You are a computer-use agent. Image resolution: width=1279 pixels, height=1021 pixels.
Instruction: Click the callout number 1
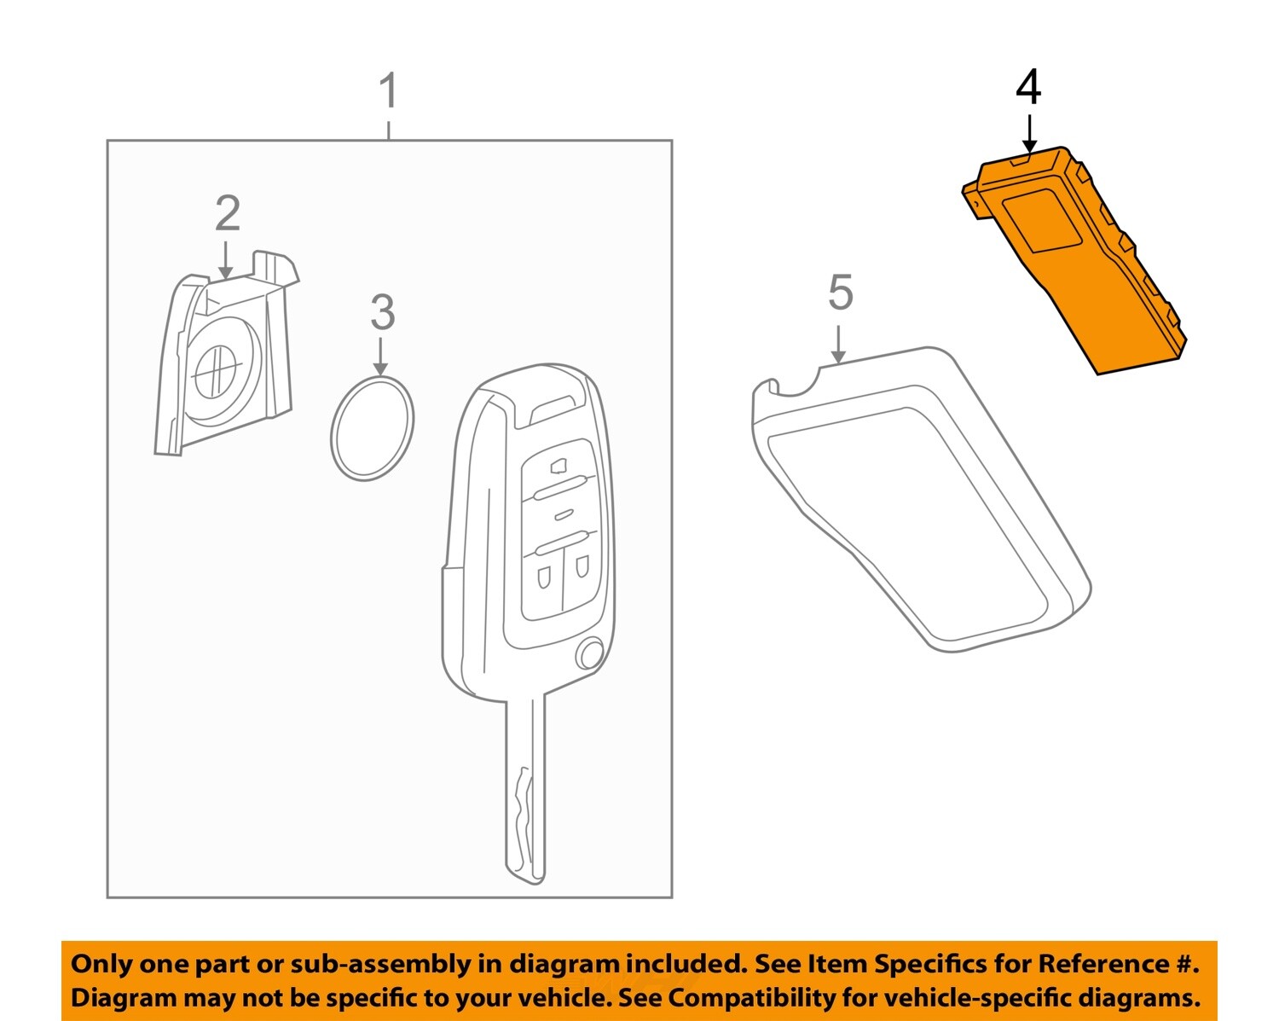tap(388, 91)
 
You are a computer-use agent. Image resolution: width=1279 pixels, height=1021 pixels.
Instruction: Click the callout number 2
tap(227, 213)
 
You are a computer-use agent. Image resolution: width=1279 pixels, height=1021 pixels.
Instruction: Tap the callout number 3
tap(382, 313)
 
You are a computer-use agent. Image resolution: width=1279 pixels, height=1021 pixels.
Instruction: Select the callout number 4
tap(1028, 88)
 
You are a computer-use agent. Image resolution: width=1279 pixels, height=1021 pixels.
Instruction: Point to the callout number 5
tap(840, 293)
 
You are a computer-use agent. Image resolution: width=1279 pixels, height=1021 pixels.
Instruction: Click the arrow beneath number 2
tap(225, 259)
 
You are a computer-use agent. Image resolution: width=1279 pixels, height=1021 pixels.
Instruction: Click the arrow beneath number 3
tap(381, 356)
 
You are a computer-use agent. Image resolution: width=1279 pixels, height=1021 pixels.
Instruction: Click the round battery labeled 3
tap(373, 428)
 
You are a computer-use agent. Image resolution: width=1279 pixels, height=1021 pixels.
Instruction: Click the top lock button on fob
tap(558, 466)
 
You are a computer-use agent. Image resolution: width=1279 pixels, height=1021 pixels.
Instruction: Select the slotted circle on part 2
tap(213, 372)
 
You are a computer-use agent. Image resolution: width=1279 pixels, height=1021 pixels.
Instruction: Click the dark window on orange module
tap(1045, 222)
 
